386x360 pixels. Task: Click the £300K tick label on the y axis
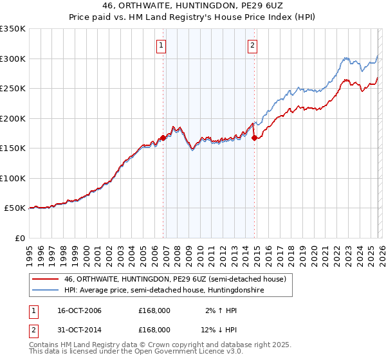[13, 59]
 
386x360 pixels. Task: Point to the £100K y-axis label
[13, 178]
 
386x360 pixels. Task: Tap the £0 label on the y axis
[19, 238]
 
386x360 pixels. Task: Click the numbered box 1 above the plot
[160, 45]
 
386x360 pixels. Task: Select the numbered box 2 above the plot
[252, 45]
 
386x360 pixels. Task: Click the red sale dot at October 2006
[163, 137]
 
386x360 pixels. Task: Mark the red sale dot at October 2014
[255, 137]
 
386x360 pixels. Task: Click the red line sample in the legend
[46, 279]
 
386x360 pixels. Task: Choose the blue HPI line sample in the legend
[46, 291]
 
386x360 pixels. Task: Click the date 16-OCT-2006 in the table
[79, 310]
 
